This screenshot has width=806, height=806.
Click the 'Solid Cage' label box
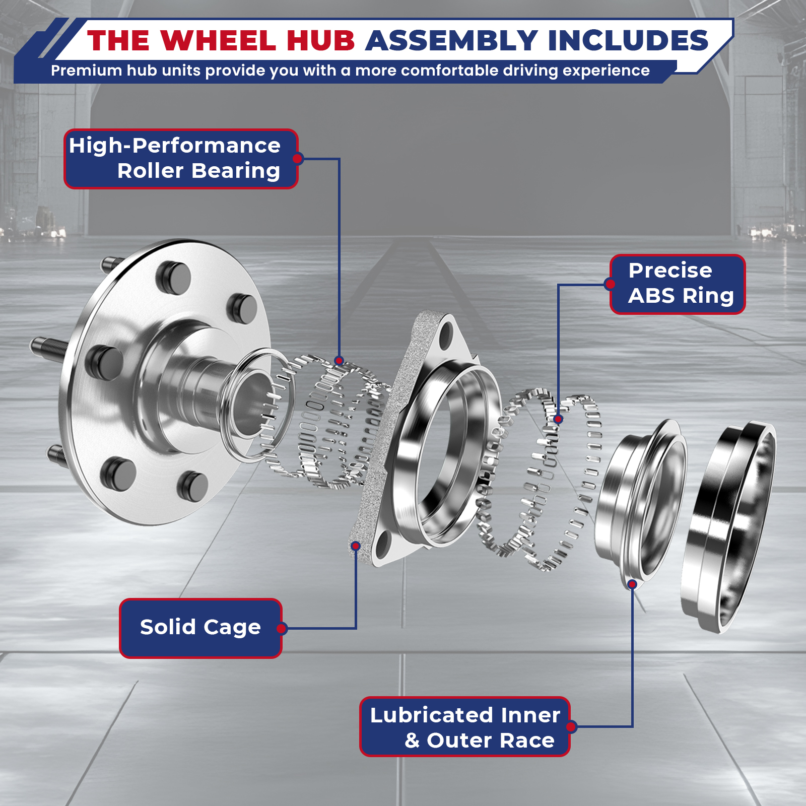tap(200, 628)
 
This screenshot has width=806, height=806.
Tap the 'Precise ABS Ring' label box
tap(678, 284)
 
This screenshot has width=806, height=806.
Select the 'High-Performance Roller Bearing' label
tap(181, 159)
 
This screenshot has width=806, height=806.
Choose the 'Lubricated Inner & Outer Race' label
tap(464, 726)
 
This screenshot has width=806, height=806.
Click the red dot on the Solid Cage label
tap(282, 628)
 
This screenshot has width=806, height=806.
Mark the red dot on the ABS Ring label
tap(610, 284)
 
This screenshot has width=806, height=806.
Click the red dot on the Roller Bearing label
tap(298, 159)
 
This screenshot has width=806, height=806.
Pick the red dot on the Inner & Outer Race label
tap(571, 726)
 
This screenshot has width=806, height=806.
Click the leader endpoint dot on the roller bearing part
tap(339, 360)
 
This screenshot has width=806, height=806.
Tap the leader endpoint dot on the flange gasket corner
tap(356, 546)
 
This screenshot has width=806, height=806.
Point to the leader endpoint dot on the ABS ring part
tap(558, 419)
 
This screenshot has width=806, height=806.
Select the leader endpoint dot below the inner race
tap(632, 584)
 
